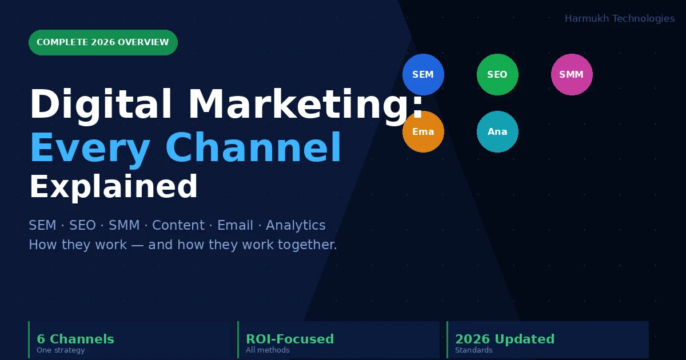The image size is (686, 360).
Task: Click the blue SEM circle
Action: point(423,74)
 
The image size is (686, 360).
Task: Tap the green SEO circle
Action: point(497,74)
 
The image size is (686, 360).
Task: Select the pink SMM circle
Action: point(572,74)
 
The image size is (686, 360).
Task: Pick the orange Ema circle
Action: point(423,131)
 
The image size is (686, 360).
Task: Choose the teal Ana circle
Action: point(497,131)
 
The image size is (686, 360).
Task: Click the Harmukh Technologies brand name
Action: point(620,19)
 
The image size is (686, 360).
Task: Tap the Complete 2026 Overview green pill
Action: point(103,42)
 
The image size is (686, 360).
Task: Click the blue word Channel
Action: point(253,147)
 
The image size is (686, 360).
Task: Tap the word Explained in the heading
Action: point(114,187)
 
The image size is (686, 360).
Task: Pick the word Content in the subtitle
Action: point(178,225)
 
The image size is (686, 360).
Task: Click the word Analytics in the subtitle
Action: point(296,226)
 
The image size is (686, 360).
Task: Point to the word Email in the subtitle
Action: point(235,225)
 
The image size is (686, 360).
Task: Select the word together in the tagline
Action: point(307,245)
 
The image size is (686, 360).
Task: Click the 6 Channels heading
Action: point(75,339)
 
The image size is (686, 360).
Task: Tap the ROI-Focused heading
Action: point(290,339)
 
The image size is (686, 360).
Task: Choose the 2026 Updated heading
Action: point(505,339)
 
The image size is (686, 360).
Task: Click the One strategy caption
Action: point(61,350)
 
